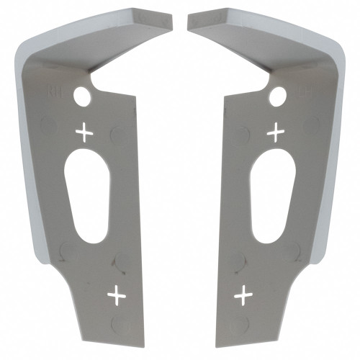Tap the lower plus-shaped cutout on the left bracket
click(x=115, y=294)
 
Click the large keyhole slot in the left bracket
click(x=87, y=194)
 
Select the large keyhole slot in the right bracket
click(x=272, y=194)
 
